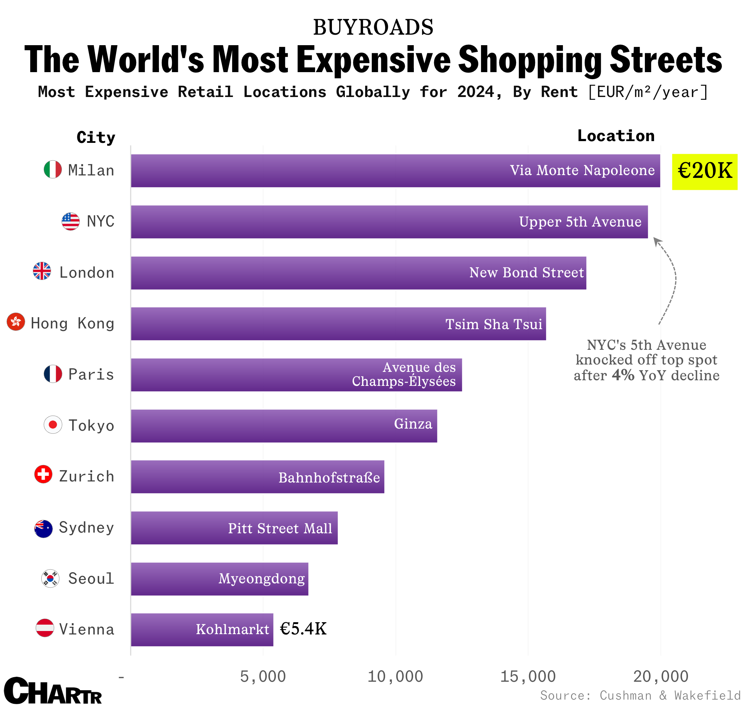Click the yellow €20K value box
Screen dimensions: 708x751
[x=704, y=172]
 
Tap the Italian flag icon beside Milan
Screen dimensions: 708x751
[x=53, y=169]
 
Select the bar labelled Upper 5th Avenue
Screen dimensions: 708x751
[x=389, y=222]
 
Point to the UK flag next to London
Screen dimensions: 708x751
[x=42, y=271]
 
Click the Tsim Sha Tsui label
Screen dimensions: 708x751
[x=493, y=324]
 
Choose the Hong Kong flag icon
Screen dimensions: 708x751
[x=16, y=322]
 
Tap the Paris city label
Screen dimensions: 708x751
[x=91, y=374]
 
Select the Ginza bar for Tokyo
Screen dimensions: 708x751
[x=284, y=426]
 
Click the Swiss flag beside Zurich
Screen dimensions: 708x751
[x=43, y=474]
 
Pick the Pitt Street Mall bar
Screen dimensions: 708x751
[x=234, y=528]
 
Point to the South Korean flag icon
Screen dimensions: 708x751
[x=50, y=578]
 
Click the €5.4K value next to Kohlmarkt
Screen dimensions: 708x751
[x=303, y=629]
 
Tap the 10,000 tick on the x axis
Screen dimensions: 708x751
[x=395, y=676]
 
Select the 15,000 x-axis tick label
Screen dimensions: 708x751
[x=528, y=676]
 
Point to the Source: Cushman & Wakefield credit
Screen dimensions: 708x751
[x=640, y=695]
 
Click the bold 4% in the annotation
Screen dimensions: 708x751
[x=623, y=375]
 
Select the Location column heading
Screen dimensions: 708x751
[x=616, y=136]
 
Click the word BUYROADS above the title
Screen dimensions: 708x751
[x=373, y=27]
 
